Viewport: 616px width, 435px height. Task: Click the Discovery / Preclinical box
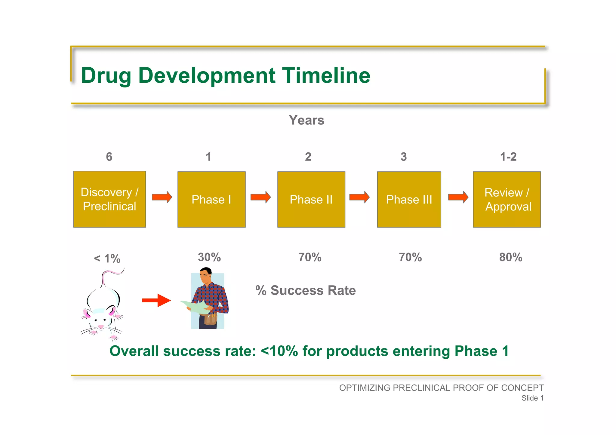109,199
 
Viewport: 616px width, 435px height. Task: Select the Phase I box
211,199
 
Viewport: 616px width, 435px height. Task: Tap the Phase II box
311,199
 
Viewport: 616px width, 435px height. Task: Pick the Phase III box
409,199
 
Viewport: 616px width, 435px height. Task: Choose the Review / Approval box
507,199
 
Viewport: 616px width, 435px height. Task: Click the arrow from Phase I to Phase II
260,197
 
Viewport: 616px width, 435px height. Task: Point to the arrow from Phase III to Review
458,197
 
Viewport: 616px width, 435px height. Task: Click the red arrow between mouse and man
156,300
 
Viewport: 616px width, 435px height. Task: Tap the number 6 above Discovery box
109,157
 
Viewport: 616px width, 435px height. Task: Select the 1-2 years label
508,157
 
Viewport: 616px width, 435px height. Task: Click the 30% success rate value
209,257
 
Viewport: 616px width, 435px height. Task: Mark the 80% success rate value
510,257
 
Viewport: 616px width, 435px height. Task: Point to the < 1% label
107,259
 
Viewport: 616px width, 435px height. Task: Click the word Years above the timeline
306,120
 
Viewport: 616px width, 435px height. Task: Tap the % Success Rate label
305,290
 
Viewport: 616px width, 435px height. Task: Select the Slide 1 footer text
532,398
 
